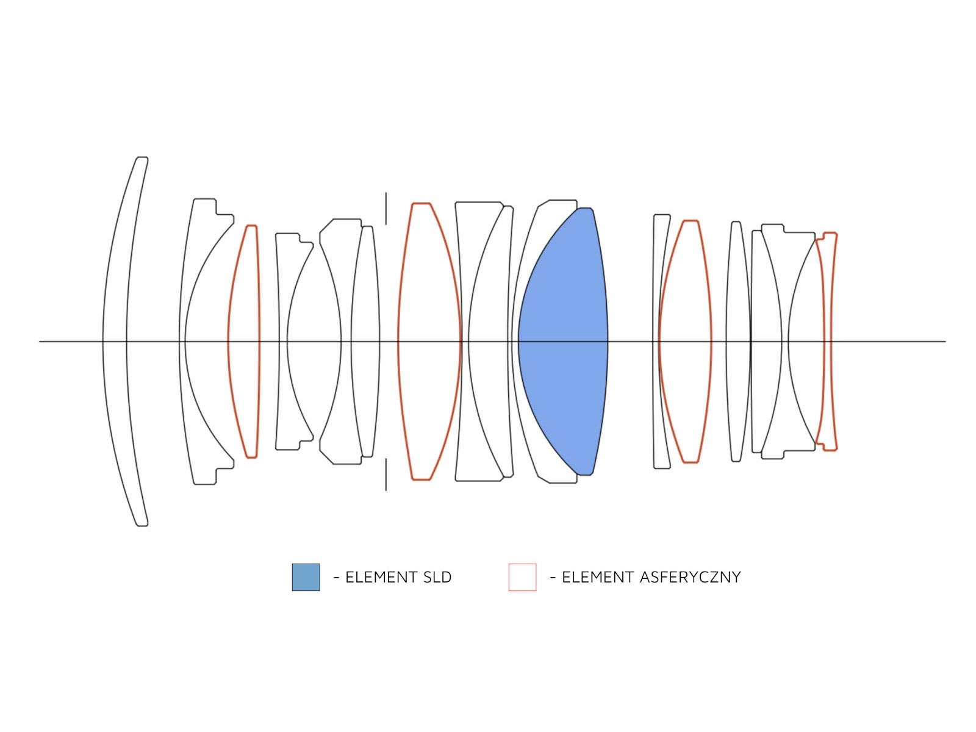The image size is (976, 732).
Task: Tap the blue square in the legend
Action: pyautogui.click(x=306, y=576)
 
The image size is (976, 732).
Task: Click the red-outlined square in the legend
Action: pyautogui.click(x=522, y=576)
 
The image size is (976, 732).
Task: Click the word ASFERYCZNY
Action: pyautogui.click(x=690, y=577)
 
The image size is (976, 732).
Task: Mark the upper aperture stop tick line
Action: pyautogui.click(x=386, y=208)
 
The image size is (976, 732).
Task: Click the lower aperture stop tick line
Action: pyautogui.click(x=386, y=474)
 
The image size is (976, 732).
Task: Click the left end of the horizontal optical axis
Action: pyautogui.click(x=39, y=341)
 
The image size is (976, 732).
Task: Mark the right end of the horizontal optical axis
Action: pyautogui.click(x=945, y=341)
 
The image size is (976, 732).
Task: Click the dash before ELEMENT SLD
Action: pyautogui.click(x=337, y=577)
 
